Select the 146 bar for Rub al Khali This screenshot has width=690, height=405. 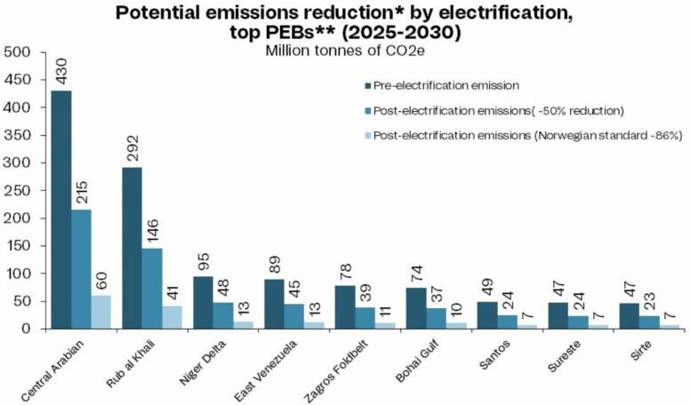click(152, 288)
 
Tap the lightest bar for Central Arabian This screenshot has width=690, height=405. click(101, 312)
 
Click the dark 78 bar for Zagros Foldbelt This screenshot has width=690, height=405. click(345, 307)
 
